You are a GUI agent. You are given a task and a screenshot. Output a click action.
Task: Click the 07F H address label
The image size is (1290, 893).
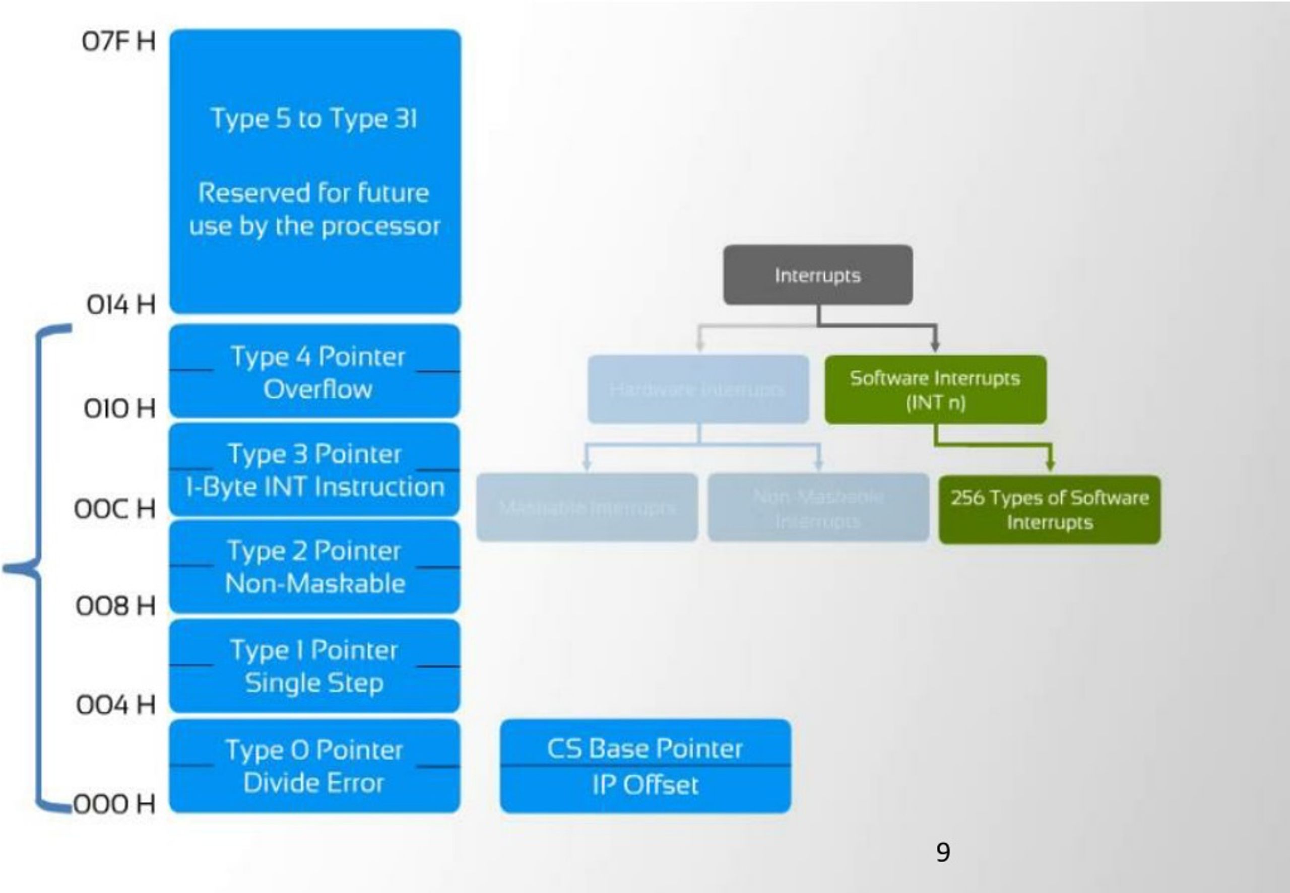(118, 41)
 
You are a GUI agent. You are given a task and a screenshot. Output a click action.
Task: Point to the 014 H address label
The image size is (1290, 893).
(120, 305)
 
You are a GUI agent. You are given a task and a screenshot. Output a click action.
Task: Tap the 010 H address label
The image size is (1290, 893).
(119, 408)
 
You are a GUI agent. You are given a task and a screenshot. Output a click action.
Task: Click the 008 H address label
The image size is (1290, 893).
(115, 606)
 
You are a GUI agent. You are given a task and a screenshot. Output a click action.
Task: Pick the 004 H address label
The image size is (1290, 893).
(115, 705)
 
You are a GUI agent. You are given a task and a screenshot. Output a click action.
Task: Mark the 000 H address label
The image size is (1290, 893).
(114, 804)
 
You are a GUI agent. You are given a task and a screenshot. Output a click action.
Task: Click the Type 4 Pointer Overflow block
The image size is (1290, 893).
(315, 372)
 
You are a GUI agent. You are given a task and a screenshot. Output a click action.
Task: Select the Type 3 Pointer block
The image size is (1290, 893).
(315, 470)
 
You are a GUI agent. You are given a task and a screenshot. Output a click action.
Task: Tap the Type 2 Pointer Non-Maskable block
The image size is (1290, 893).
(315, 567)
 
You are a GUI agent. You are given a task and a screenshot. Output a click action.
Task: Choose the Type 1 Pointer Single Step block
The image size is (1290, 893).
(315, 666)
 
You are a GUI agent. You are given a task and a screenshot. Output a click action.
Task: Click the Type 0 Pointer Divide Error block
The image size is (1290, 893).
(315, 766)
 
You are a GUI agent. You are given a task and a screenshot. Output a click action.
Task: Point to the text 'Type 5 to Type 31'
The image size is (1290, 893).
(314, 119)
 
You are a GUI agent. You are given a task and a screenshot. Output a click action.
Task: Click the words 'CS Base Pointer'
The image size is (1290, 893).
(644, 748)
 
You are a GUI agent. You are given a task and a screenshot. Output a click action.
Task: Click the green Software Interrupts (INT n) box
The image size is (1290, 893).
(935, 389)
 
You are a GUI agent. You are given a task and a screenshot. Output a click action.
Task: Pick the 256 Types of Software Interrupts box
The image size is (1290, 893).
(1049, 510)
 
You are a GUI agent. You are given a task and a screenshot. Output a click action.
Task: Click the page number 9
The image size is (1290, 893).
(943, 852)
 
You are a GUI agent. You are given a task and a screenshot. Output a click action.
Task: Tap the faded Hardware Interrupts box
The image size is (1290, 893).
(698, 389)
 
